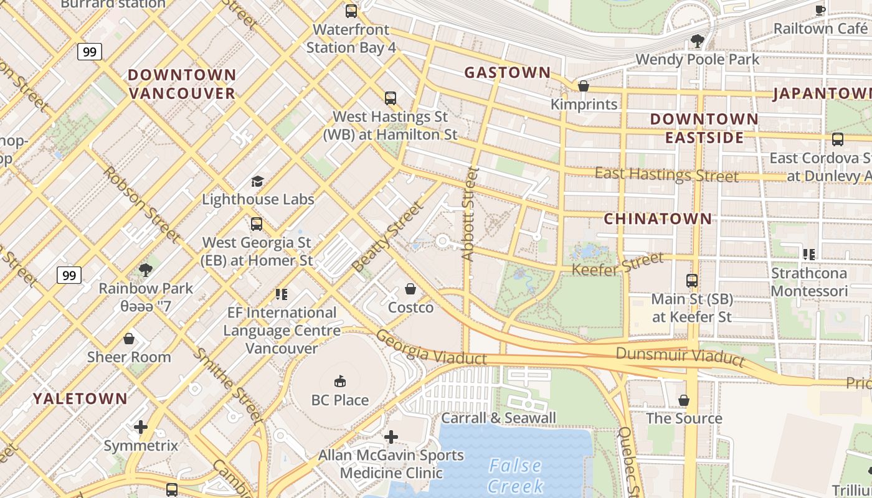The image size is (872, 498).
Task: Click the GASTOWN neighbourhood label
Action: click(508, 73)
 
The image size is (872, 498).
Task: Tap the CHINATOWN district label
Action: click(658, 218)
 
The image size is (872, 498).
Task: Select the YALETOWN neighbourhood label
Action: click(80, 398)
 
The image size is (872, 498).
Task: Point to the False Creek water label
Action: click(515, 475)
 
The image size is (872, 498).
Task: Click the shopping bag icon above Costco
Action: click(410, 289)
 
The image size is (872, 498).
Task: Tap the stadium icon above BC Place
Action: click(340, 381)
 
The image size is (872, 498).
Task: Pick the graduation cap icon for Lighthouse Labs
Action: click(257, 181)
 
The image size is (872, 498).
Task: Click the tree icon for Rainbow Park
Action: click(146, 270)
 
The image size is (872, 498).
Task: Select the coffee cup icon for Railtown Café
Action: click(820, 10)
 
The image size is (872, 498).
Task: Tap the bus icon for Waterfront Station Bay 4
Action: click(351, 11)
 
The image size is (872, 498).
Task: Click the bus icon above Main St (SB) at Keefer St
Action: click(691, 281)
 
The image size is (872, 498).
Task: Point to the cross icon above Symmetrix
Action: click(141, 427)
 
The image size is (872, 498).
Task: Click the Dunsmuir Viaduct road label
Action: click(680, 355)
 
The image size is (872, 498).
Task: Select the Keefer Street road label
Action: click(617, 265)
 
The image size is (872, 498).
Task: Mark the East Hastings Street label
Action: click(666, 174)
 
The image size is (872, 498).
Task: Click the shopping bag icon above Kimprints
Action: click(584, 86)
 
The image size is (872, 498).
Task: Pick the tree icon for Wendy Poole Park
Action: click(697, 41)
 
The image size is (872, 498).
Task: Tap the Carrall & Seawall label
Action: click(498, 418)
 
